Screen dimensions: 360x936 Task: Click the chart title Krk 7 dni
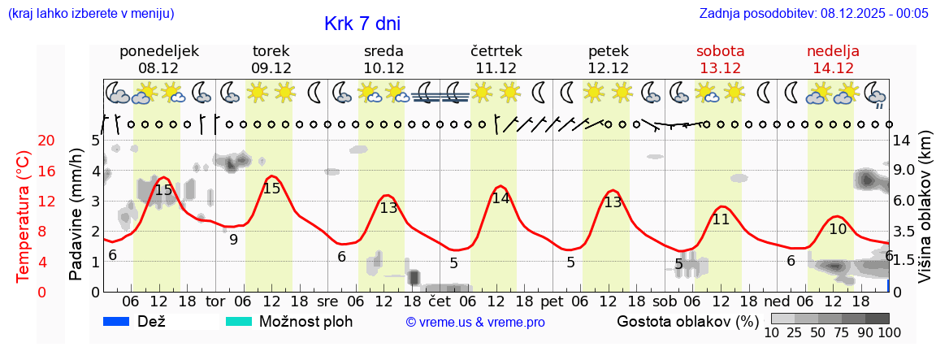point(362,24)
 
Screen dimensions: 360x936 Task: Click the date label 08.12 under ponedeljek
point(158,68)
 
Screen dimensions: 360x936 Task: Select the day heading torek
point(271,51)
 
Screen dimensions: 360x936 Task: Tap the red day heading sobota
point(720,51)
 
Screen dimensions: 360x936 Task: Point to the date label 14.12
point(833,68)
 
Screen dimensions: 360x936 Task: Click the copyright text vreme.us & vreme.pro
point(475,323)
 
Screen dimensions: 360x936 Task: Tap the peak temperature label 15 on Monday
point(163,190)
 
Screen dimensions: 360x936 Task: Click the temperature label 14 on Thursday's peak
point(500,197)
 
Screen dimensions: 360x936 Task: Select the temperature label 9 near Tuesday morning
point(233,240)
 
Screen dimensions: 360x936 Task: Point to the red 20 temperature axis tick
point(24,141)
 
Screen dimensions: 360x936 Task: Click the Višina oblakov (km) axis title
point(925,215)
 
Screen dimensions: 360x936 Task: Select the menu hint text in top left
point(90,14)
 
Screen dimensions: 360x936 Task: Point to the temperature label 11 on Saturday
point(721,219)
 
